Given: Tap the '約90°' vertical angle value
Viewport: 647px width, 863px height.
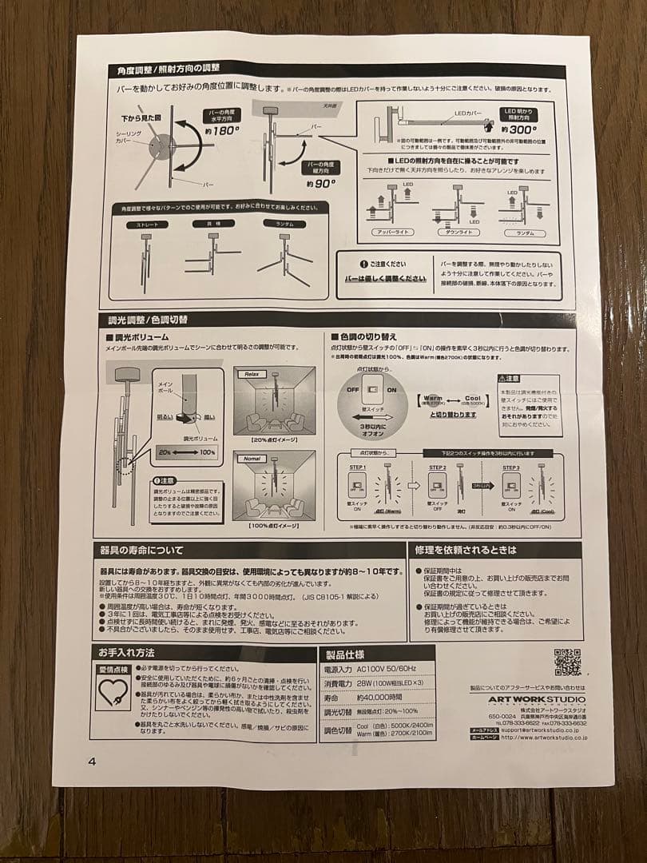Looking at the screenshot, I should [321, 182].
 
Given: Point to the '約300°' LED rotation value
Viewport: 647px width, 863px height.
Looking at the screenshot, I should [520, 128].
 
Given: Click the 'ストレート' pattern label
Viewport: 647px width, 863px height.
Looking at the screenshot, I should [147, 225].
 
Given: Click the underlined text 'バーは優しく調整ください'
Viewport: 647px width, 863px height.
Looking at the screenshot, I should [385, 279].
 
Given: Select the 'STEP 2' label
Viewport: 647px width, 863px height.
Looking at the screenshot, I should [438, 467].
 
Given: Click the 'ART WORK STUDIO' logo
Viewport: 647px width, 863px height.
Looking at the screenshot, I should [538, 699].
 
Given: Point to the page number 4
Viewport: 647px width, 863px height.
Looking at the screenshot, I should [92, 761].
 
